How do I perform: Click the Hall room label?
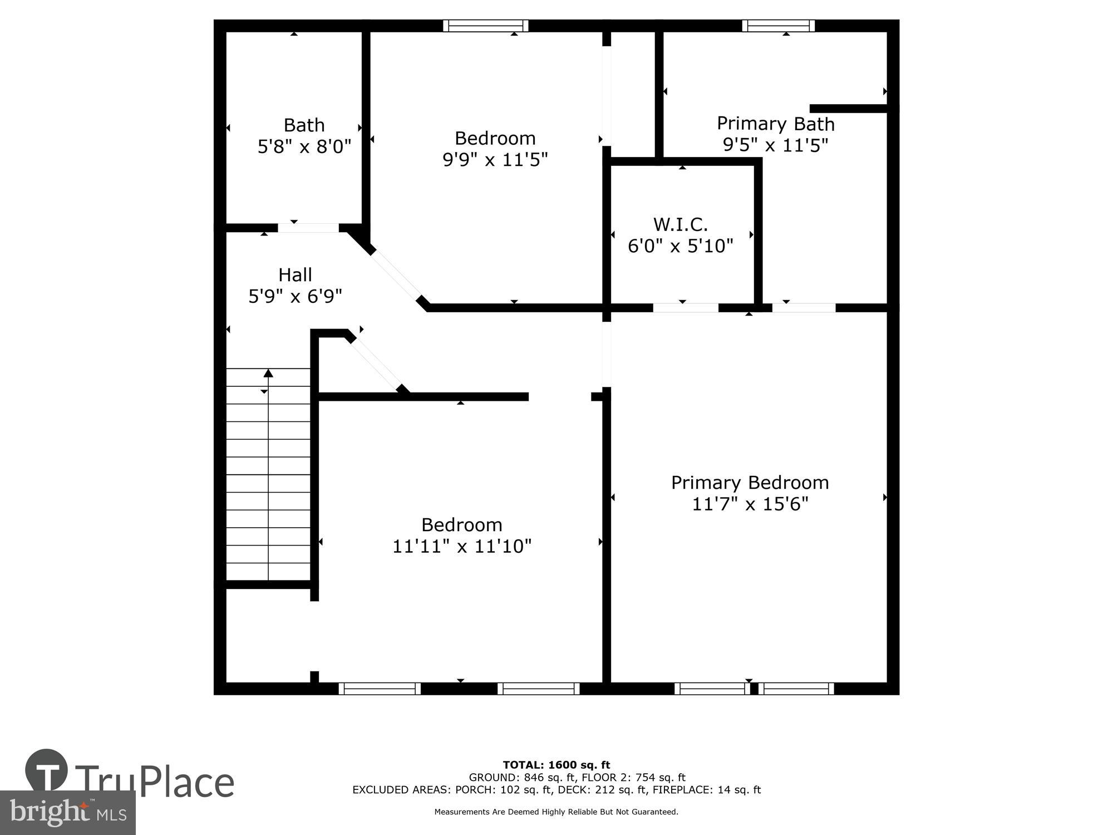[x=295, y=274]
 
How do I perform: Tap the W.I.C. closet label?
[x=680, y=224]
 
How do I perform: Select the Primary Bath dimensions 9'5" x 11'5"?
[x=775, y=145]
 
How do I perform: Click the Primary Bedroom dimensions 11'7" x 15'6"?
[x=750, y=504]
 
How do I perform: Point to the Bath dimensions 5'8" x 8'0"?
[x=304, y=147]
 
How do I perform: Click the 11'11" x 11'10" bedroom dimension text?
[x=462, y=547]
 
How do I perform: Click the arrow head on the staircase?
[x=268, y=373]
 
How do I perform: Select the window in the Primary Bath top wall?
[x=778, y=26]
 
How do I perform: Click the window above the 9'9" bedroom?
[x=486, y=26]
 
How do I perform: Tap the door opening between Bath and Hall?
[x=308, y=228]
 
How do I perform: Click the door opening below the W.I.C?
[x=686, y=307]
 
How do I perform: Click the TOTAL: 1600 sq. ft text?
[x=556, y=765]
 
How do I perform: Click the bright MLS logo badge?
[x=67, y=813]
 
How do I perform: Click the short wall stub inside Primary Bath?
[x=848, y=108]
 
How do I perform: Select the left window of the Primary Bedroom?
[x=712, y=689]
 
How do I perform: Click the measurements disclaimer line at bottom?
[x=556, y=812]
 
